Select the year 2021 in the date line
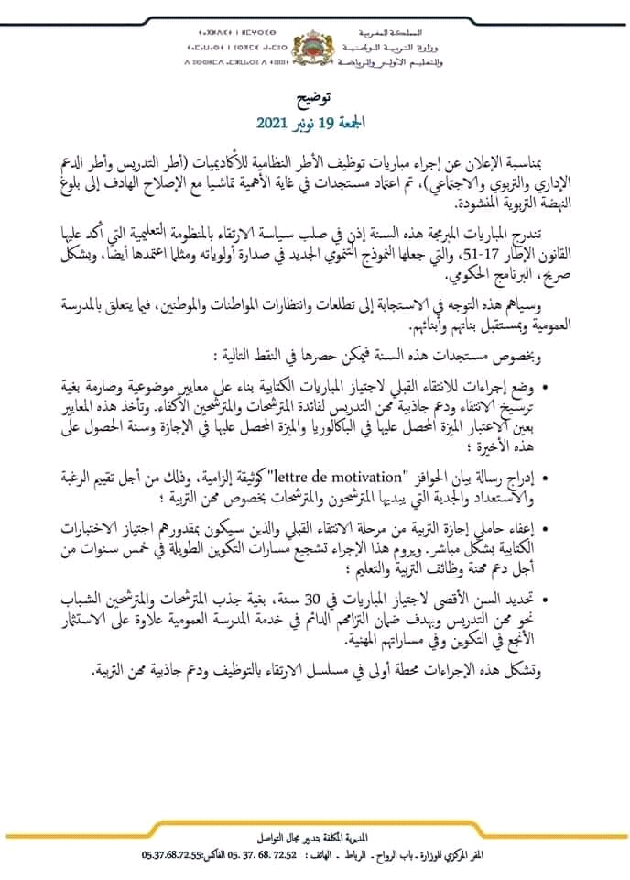tap(274, 122)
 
